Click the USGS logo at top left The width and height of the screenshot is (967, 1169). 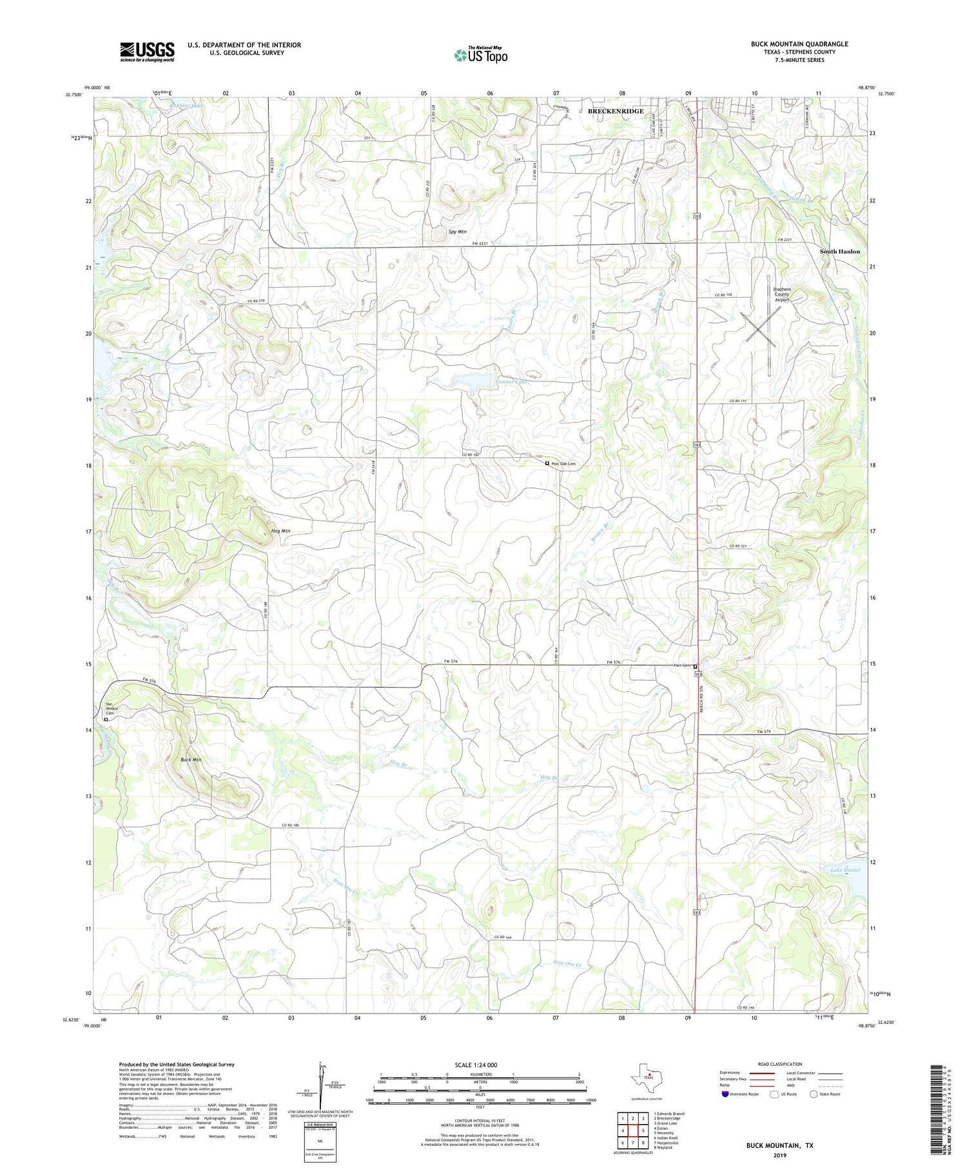pos(147,52)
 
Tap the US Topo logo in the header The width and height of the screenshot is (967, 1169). pos(480,55)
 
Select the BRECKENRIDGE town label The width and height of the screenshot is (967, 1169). pos(615,112)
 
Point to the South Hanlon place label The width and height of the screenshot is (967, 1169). pos(839,251)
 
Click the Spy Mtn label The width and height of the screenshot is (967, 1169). pos(457,231)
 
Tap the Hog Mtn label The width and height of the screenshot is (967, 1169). pos(280,531)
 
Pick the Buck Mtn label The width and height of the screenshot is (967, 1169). pos(191,760)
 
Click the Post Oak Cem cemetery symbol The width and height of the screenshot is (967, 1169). pos(547,464)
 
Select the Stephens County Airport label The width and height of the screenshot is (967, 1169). pos(781,294)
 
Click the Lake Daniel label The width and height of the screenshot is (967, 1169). pos(845,870)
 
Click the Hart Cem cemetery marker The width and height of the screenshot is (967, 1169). pos(695,667)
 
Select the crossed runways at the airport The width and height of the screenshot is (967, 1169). pos(761,327)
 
